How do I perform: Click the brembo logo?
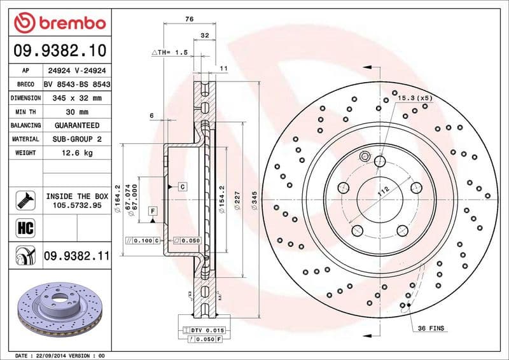[x=59, y=24]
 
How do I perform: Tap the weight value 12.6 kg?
[x=76, y=153]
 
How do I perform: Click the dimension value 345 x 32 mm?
[x=76, y=98]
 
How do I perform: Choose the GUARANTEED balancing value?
[x=76, y=125]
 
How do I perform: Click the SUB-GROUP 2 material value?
[x=76, y=139]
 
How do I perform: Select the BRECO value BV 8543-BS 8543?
[x=77, y=85]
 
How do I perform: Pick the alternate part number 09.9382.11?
[x=76, y=256]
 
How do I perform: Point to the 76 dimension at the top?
[x=189, y=20]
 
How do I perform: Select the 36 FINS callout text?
[x=431, y=328]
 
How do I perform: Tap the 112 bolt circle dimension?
[x=383, y=191]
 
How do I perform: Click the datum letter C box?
[x=181, y=187]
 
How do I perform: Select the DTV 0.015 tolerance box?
[x=203, y=331]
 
